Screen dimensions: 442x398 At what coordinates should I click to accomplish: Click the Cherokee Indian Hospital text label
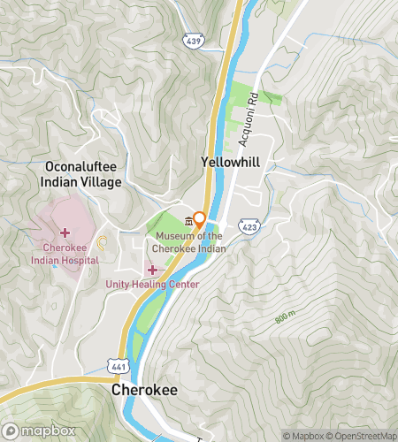(64, 254)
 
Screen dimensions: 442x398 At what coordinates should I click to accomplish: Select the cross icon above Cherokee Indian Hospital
(65, 232)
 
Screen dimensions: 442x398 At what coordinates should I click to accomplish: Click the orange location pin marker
(201, 218)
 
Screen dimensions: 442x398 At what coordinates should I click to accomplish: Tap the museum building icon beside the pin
(188, 221)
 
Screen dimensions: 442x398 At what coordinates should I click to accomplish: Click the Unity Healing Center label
(152, 284)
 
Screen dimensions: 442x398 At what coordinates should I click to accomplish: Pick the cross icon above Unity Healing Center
(152, 269)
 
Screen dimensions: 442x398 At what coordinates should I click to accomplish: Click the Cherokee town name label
(146, 390)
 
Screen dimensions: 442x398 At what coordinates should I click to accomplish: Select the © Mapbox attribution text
(303, 435)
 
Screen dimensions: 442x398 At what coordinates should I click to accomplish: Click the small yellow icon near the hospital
(101, 241)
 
